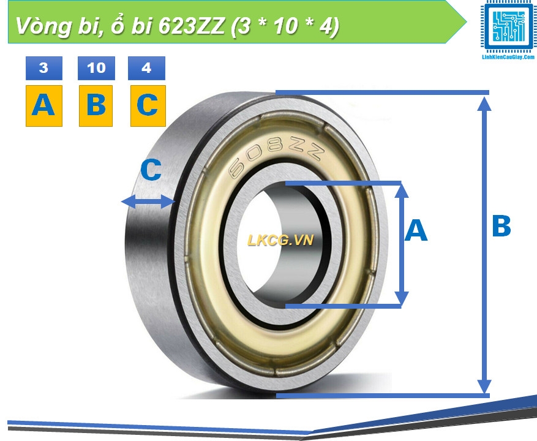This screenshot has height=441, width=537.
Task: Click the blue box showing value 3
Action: [x=43, y=68]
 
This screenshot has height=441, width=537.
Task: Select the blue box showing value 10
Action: [x=96, y=68]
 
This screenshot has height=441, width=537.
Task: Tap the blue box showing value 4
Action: [x=146, y=68]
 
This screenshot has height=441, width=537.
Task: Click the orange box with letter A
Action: [x=43, y=106]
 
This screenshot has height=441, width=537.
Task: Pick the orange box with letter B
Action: [x=96, y=106]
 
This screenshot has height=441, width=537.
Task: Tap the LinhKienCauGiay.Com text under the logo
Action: [x=508, y=57]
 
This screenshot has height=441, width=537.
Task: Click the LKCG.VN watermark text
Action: [x=280, y=240]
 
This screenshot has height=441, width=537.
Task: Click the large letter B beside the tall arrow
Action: [x=501, y=227]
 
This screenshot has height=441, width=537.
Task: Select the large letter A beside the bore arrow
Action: [x=416, y=231]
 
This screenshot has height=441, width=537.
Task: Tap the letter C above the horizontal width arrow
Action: [x=151, y=171]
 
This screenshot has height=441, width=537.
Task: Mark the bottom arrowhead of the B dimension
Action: [x=484, y=386]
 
